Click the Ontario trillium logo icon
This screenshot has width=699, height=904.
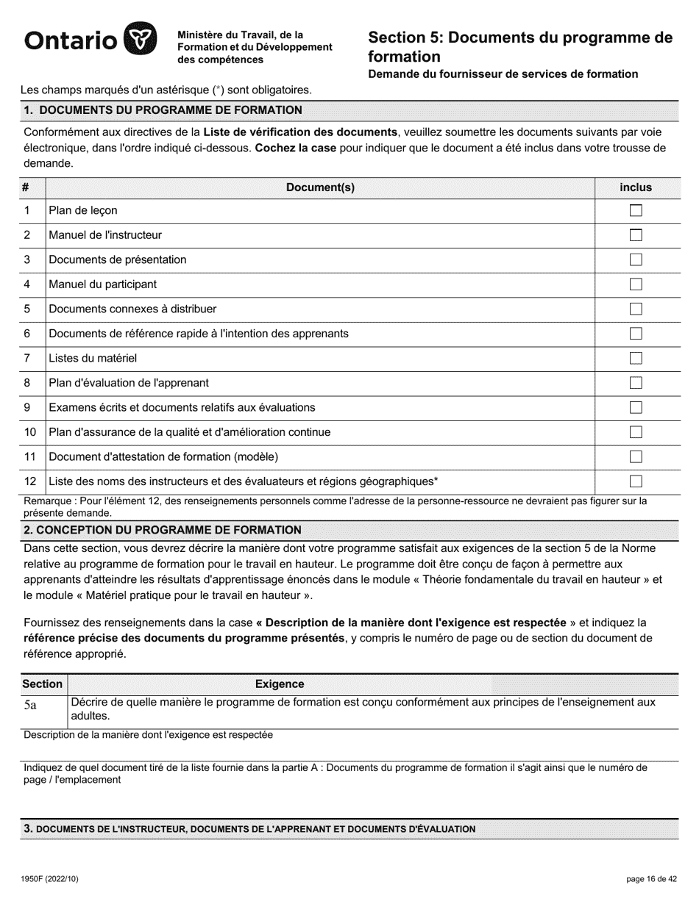[x=140, y=39]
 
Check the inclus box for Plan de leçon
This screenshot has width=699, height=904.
[x=636, y=211]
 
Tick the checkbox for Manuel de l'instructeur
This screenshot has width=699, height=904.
[x=636, y=235]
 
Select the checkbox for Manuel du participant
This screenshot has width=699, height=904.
[x=636, y=284]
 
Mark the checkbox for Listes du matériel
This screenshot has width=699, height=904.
[x=636, y=359]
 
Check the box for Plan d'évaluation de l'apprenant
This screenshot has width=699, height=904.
[x=636, y=383]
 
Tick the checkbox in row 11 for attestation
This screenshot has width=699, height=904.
[x=636, y=457]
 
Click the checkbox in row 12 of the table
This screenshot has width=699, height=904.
[x=636, y=481]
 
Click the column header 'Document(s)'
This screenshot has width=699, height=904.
[x=320, y=187]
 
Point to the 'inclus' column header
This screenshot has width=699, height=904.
[x=636, y=187]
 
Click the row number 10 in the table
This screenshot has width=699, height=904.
[x=30, y=432]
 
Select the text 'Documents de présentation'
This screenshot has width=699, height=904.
[x=118, y=259]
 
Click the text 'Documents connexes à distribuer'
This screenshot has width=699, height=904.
[x=132, y=309]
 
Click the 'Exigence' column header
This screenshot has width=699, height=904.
[x=280, y=684]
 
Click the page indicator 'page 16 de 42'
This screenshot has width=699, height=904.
[x=651, y=879]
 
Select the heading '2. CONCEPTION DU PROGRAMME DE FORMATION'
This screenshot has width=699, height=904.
[x=163, y=530]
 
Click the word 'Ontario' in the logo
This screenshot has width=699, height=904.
[x=71, y=40]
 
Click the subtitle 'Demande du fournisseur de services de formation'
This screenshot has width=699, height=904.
[x=503, y=73]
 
